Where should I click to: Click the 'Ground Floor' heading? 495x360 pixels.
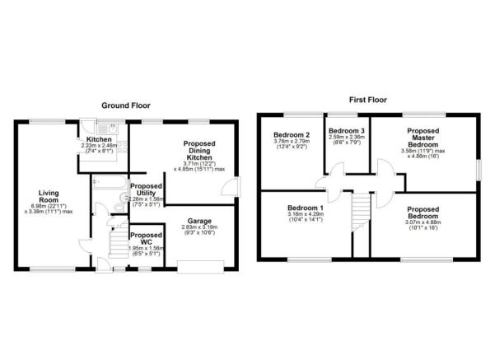pyautogui.click(x=125, y=105)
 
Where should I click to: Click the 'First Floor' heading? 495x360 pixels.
pyautogui.click(x=367, y=100)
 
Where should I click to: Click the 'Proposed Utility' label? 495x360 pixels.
pyautogui.click(x=146, y=189)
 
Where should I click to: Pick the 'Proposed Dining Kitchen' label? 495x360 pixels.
pyautogui.click(x=203, y=153)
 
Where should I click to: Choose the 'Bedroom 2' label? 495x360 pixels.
pyautogui.click(x=290, y=135)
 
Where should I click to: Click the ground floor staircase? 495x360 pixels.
pyautogui.click(x=117, y=234)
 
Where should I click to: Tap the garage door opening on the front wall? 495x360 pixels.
pyautogui.click(x=202, y=266)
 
